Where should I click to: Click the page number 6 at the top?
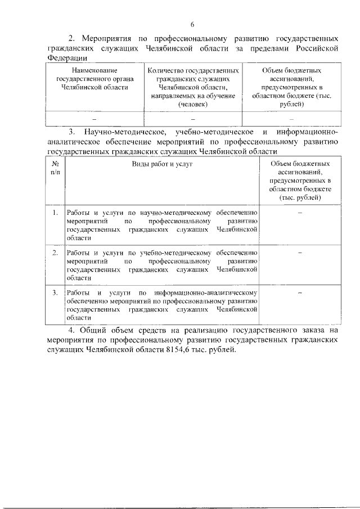192,24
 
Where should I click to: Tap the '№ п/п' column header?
56,168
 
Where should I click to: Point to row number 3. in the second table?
56,292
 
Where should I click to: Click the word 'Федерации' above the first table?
65,58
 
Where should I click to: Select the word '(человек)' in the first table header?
192,105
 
